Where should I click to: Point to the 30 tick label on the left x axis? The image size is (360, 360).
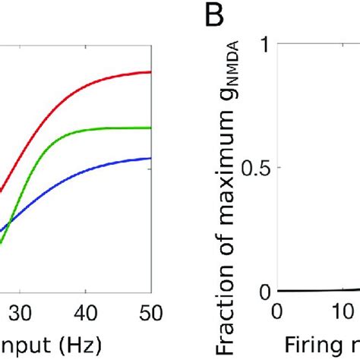point(21,312)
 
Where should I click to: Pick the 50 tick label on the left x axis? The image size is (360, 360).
point(150,312)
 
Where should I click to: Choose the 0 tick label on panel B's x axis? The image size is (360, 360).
point(276,312)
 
